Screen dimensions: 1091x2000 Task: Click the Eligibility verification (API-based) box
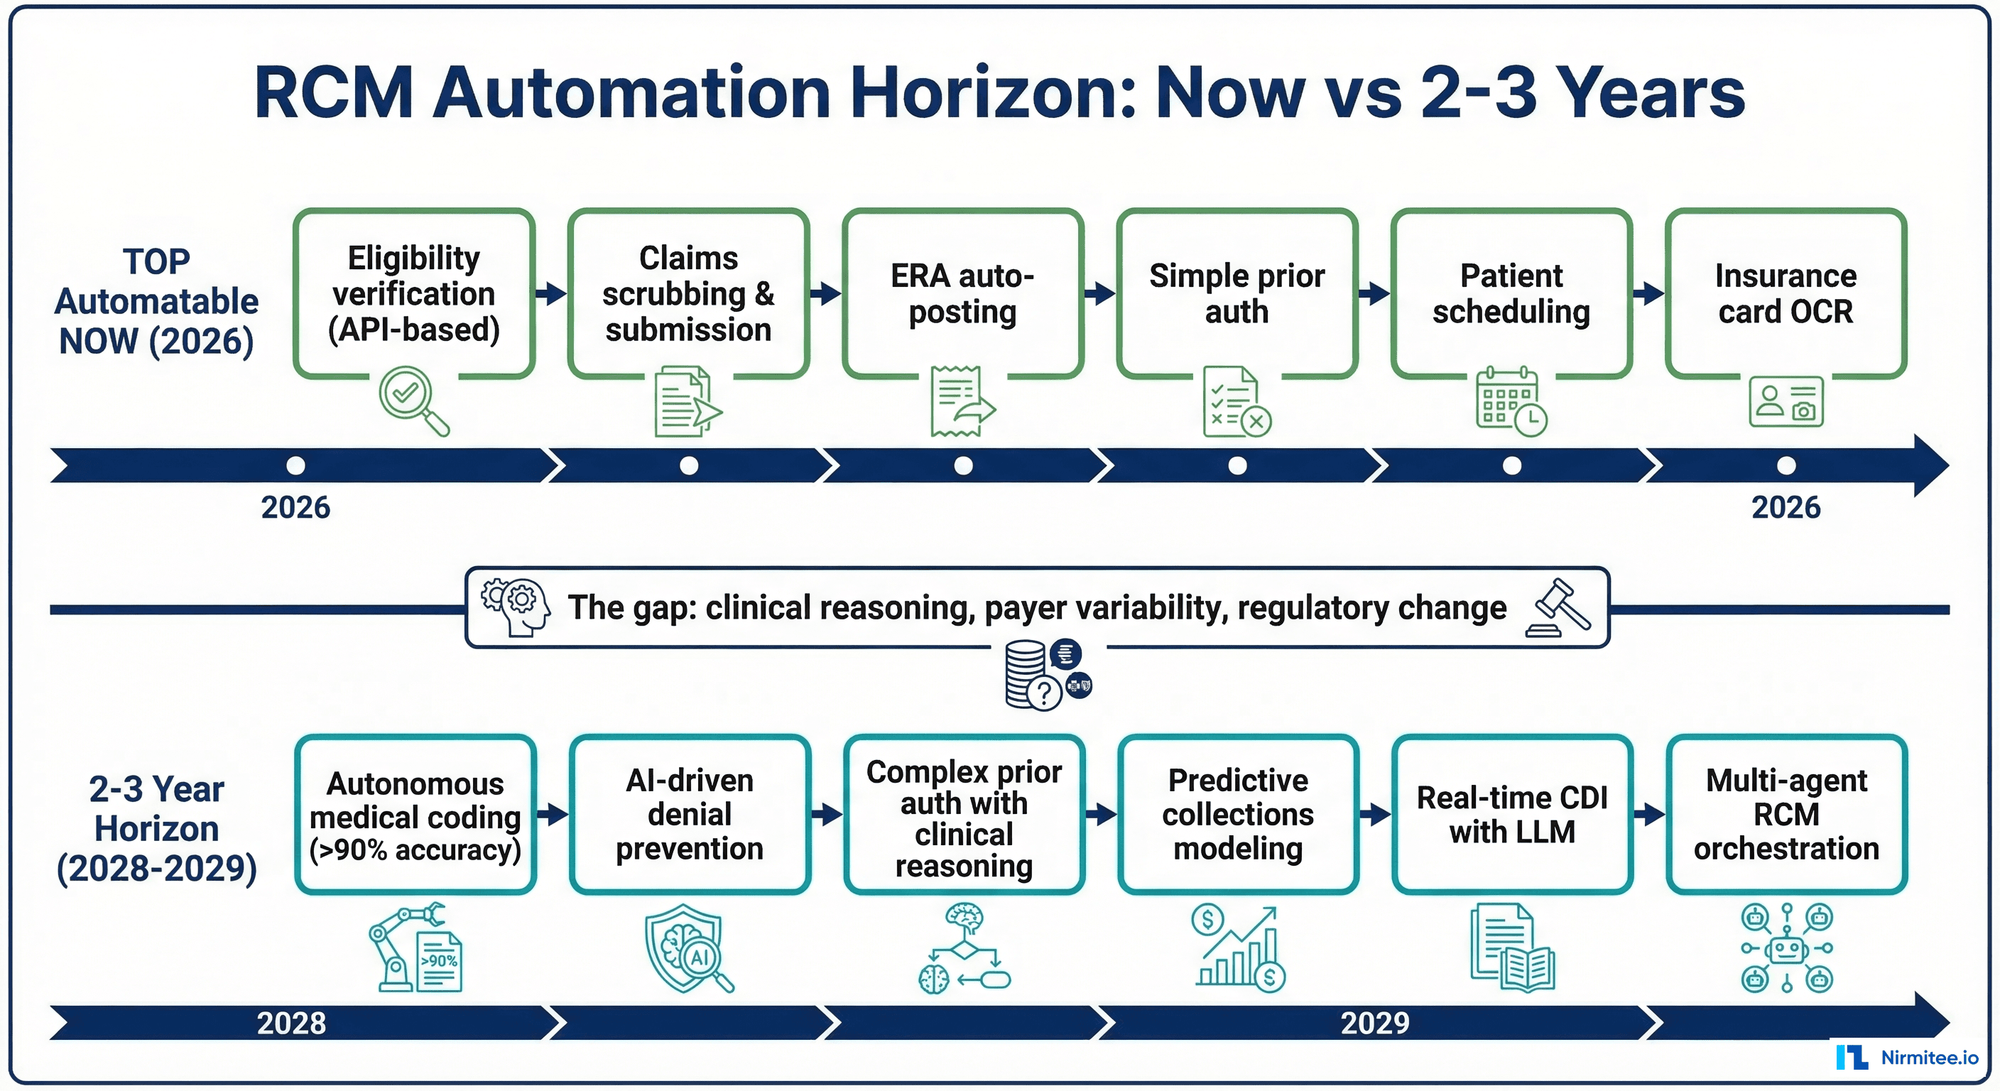(x=414, y=293)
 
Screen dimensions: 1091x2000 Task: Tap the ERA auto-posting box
(x=963, y=293)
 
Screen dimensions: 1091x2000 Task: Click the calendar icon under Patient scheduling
(x=1510, y=401)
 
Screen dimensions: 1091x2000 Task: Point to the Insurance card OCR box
(x=1786, y=293)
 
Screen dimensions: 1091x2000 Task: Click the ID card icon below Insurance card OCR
(x=1786, y=401)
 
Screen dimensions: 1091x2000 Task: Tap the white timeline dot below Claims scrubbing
(x=689, y=466)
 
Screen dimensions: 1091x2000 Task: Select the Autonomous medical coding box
(x=415, y=815)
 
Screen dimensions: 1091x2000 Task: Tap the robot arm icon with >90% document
(x=415, y=948)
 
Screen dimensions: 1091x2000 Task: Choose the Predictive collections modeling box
(x=1239, y=815)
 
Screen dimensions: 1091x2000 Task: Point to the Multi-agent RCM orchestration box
(x=1786, y=815)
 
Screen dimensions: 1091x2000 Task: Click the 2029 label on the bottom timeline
(x=1374, y=1023)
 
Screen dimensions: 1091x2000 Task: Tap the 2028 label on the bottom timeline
(x=291, y=1023)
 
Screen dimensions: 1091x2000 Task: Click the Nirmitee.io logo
(x=1907, y=1058)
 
